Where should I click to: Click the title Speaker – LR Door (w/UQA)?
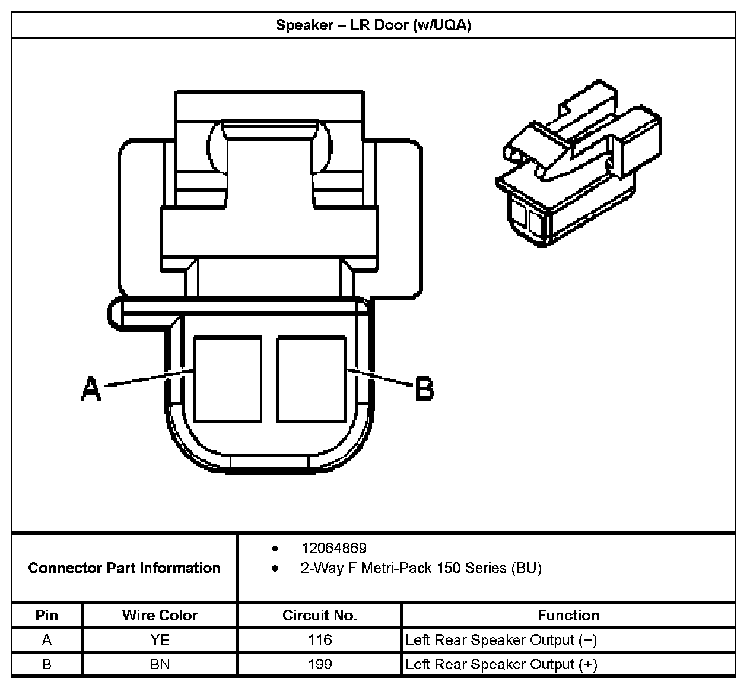click(373, 26)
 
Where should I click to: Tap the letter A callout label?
click(91, 389)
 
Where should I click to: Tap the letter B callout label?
click(424, 389)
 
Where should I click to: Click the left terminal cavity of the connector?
click(228, 379)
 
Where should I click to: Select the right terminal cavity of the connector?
click(312, 379)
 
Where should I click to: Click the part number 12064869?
click(333, 548)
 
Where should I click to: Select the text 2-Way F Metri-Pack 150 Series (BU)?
click(421, 568)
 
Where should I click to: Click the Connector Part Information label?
click(124, 568)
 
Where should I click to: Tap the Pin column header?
click(47, 615)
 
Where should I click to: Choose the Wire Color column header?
click(160, 615)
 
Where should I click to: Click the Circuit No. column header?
click(319, 615)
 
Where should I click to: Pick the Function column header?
click(568, 615)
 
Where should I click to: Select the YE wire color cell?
click(160, 640)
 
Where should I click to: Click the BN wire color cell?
click(160, 664)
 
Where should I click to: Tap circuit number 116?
click(320, 640)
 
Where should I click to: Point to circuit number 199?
click(320, 664)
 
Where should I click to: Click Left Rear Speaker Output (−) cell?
click(501, 640)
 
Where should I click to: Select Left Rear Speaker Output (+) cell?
click(501, 664)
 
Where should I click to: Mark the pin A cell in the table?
click(47, 640)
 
